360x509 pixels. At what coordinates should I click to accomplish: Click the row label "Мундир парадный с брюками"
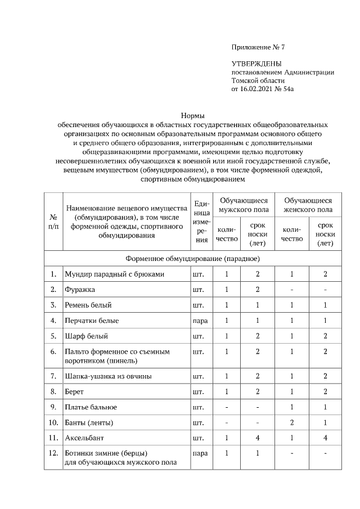pos(114,274)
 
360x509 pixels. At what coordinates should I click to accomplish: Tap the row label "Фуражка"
pos(79,290)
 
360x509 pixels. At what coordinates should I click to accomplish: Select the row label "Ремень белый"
pos(88,305)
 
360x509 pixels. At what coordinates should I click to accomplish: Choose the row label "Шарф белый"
pos(84,336)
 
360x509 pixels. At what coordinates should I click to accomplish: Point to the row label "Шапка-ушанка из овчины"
pos(107,375)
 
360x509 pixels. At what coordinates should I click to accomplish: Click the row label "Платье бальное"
pos(91,406)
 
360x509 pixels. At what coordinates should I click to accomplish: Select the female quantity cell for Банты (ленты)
pos(291,422)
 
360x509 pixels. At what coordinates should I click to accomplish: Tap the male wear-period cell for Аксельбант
pos(257,437)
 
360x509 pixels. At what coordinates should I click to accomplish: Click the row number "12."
pos(53,453)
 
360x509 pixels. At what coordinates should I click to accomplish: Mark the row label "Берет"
pos(74,391)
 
